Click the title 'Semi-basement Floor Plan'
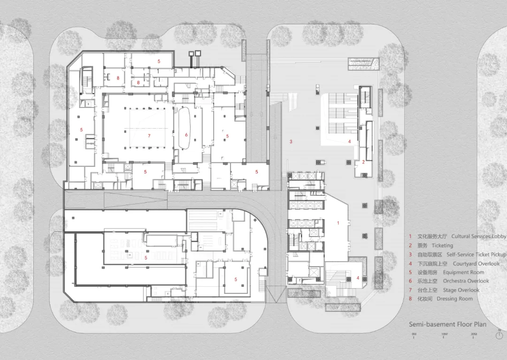tap(447, 324)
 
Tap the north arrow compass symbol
tap(499, 335)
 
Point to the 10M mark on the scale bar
tap(444, 334)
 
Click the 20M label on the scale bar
tap(474, 334)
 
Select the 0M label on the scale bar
tap(414, 334)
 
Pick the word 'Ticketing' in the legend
tap(442, 245)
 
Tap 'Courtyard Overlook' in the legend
tap(476, 264)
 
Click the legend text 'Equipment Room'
tap(463, 272)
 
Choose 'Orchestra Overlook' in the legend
tap(466, 281)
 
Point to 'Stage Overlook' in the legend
tap(461, 290)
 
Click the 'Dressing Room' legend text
tap(454, 299)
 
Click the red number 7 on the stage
tap(149, 136)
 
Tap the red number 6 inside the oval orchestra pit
tap(186, 135)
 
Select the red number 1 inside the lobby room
tap(338, 223)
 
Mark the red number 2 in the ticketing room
tap(363, 162)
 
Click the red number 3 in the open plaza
tap(291, 141)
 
